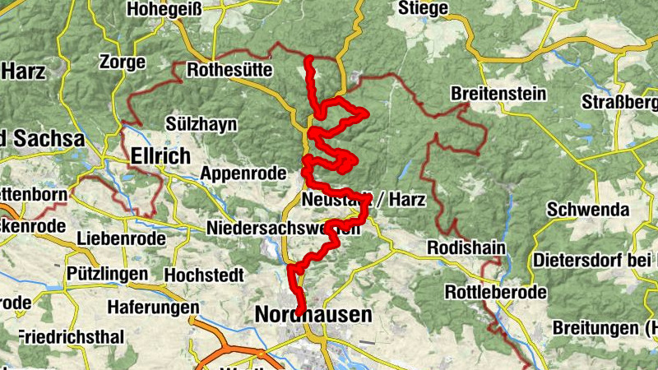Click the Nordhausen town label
[x=313, y=315]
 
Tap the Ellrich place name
[x=160, y=156]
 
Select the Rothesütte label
[x=229, y=71]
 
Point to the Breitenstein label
[x=498, y=94]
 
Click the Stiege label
[x=423, y=9]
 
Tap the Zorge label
[x=122, y=62]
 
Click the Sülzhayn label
[x=201, y=124]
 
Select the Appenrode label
[x=243, y=173]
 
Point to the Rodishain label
[x=466, y=247]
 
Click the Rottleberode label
[x=496, y=292]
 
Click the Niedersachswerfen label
[x=284, y=228]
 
